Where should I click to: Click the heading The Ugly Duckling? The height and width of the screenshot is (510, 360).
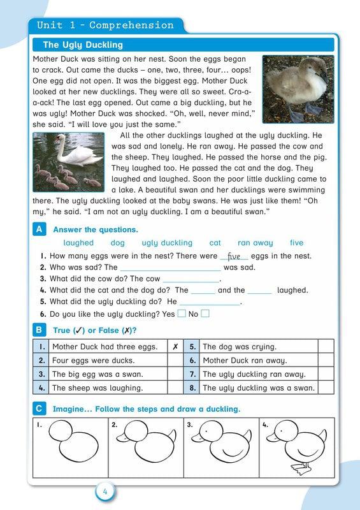(83, 45)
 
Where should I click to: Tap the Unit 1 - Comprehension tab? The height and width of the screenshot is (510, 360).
(105, 25)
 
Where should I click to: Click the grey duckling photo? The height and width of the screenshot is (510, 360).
(294, 88)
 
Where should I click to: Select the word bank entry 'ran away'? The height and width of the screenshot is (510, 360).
(255, 243)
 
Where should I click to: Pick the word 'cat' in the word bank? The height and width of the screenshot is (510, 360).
(215, 243)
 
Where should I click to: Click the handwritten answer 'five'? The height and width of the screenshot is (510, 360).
(234, 256)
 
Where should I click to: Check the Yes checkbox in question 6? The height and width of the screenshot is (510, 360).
(182, 313)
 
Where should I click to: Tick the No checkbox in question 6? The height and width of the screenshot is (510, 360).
(205, 313)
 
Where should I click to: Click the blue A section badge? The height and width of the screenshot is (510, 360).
(40, 229)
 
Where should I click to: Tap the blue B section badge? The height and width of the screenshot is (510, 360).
(40, 330)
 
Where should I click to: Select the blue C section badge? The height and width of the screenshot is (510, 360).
(40, 408)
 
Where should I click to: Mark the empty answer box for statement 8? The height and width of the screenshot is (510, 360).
(326, 388)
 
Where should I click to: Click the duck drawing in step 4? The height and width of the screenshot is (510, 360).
(294, 448)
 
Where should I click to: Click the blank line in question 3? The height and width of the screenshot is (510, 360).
(191, 279)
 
